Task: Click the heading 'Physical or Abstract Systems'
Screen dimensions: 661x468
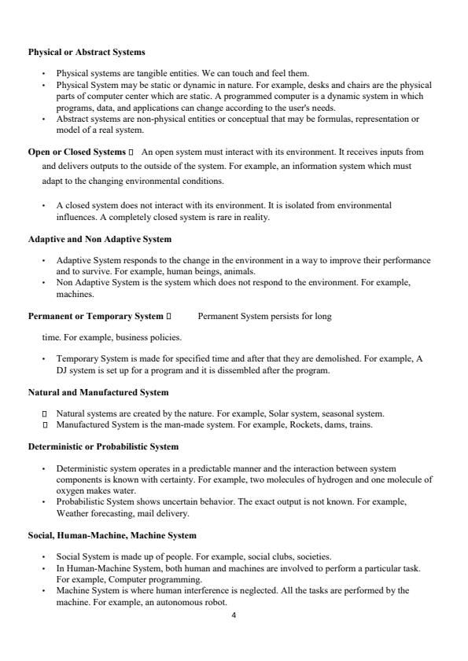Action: point(87,53)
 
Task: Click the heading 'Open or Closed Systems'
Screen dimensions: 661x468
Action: point(76,151)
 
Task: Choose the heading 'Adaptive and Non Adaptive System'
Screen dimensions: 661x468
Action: point(100,238)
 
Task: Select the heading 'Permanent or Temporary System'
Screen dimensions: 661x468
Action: point(95,317)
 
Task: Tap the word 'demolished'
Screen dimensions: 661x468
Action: point(330,358)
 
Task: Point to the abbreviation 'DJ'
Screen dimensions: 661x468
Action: point(62,370)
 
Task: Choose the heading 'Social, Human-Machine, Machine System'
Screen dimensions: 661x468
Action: point(112,535)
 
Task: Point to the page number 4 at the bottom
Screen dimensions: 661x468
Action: point(234,615)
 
